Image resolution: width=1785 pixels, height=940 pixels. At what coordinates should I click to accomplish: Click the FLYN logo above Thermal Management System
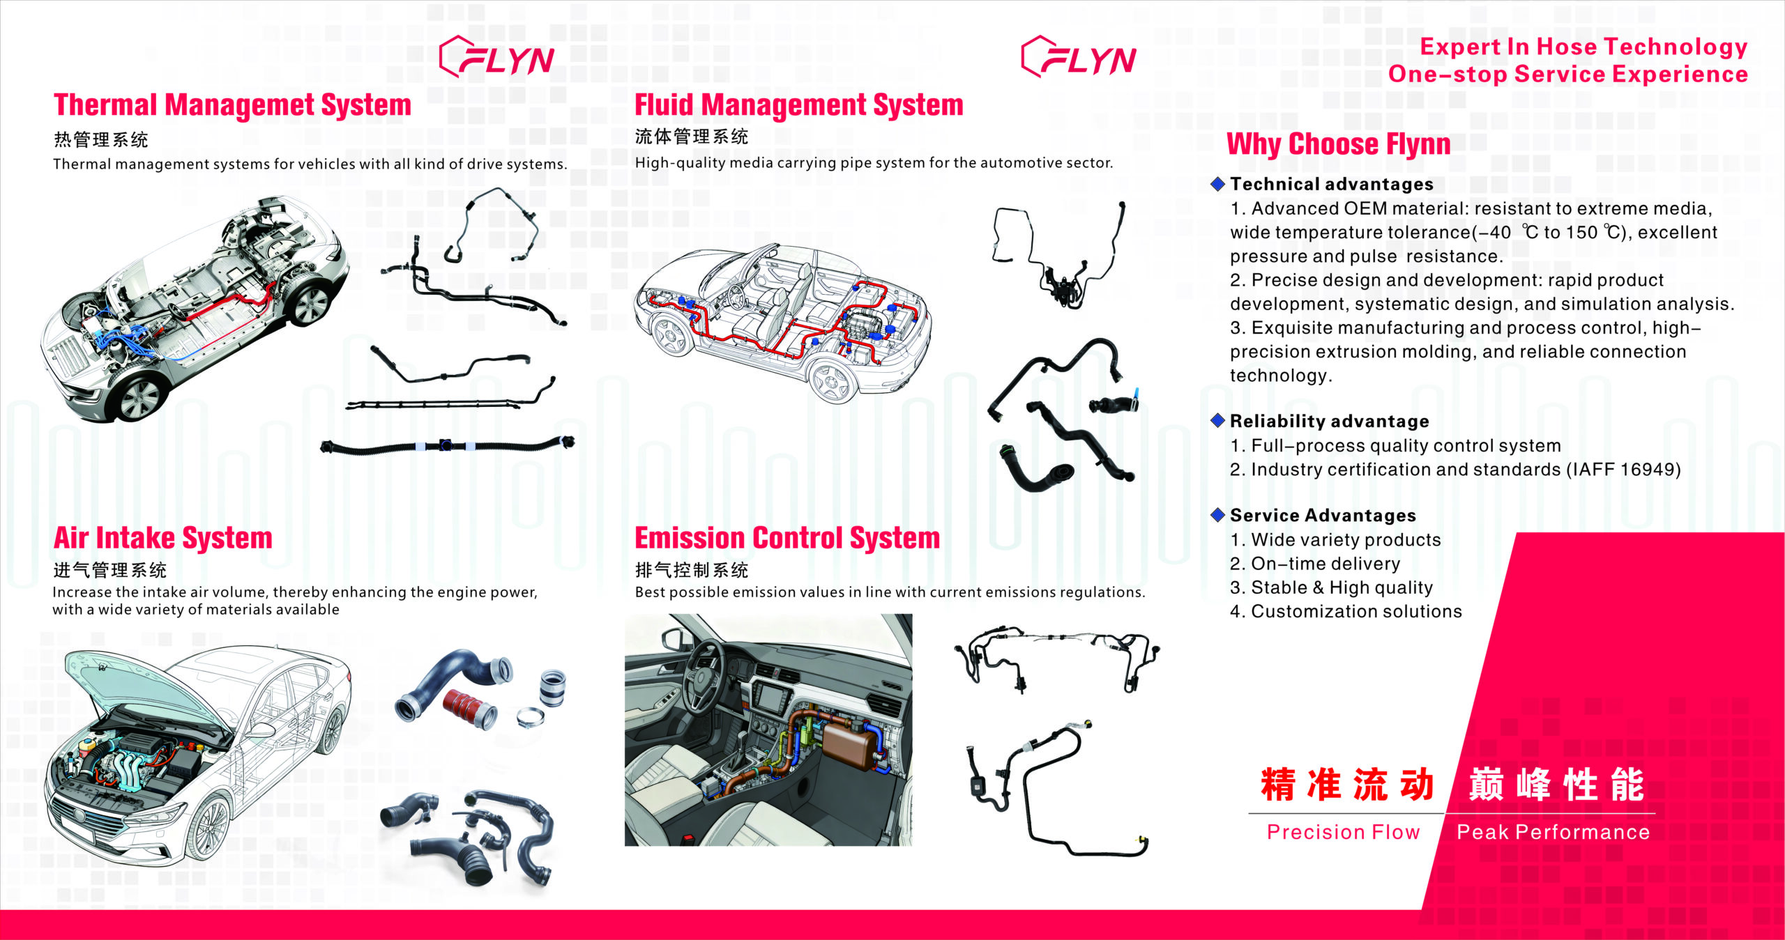497,57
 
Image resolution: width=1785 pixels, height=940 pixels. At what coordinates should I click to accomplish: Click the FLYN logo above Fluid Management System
1079,57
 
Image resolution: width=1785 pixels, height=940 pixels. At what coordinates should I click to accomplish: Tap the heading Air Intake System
162,538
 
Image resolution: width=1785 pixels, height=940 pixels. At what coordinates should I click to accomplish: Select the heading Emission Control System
787,538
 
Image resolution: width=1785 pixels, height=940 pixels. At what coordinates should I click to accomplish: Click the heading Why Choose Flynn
1338,144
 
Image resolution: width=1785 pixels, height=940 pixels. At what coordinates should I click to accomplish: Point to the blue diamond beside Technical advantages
1217,184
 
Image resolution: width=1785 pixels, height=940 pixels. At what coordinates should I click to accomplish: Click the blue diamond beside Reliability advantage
1217,420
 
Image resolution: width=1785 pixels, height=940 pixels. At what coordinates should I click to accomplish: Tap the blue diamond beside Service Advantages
1217,515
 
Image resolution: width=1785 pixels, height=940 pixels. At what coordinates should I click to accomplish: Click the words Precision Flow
1343,832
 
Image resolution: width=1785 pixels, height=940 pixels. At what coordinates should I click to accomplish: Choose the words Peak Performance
1553,832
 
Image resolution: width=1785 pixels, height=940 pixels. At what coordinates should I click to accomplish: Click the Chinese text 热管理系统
101,140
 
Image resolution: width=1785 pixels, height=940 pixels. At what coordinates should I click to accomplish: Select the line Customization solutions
1345,611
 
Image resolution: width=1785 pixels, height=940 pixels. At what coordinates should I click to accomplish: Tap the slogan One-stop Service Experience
1567,74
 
